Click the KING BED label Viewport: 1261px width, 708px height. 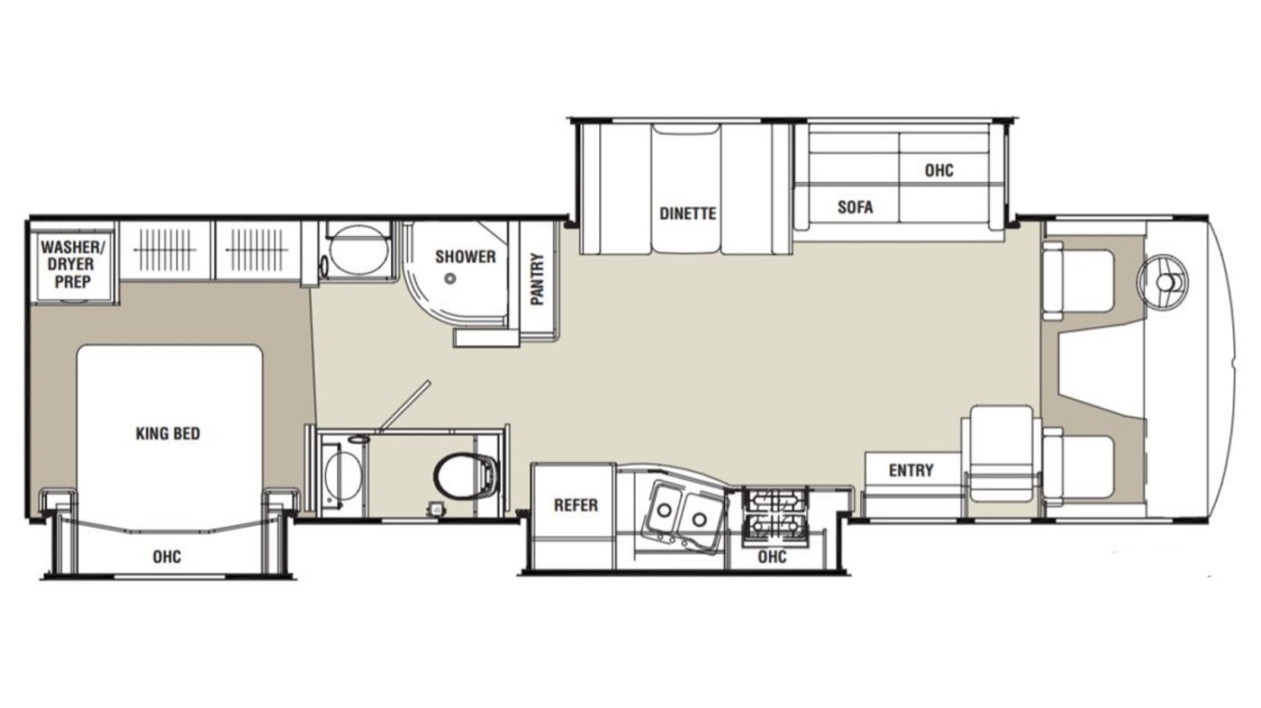pos(168,433)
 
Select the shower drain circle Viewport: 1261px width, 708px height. pos(449,278)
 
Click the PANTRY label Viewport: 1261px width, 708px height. pos(538,279)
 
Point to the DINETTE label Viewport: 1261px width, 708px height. pos(688,213)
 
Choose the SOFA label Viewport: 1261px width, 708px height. pos(855,207)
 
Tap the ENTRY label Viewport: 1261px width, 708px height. pos(911,470)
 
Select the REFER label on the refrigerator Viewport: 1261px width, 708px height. pos(576,504)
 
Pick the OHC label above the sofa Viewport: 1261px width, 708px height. pos(939,170)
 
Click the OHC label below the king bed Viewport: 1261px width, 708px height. pos(168,557)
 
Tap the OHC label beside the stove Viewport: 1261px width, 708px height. pos(772,557)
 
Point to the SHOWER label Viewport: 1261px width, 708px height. pos(465,257)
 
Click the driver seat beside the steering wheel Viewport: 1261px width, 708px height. pos(1079,281)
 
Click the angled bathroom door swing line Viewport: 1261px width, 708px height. pos(404,406)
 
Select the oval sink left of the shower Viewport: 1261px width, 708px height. pos(358,250)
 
